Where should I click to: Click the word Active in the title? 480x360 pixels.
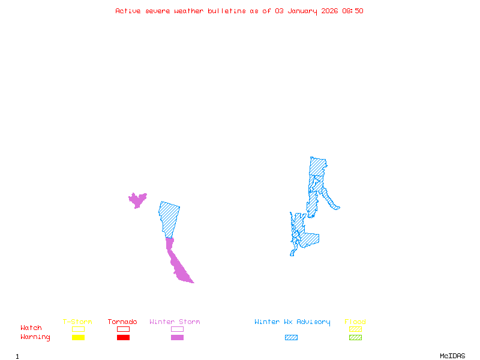[128, 11]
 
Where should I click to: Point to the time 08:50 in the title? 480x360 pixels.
[353, 11]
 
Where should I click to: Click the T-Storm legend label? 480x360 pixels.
[77, 322]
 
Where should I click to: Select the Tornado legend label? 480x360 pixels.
[122, 322]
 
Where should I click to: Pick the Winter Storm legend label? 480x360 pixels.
[175, 322]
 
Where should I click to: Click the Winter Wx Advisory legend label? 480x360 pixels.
[292, 322]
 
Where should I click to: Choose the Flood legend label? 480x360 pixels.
[355, 322]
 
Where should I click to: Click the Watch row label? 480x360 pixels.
[31, 328]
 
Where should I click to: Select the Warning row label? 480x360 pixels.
[35, 337]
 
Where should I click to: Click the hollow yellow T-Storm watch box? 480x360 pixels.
[78, 329]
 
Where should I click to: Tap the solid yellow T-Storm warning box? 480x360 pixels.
[78, 338]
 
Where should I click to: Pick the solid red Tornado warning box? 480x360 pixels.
[123, 338]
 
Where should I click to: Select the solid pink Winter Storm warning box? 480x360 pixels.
[177, 338]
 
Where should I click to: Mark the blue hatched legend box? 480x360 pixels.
[291, 338]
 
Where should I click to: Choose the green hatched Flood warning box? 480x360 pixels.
[355, 338]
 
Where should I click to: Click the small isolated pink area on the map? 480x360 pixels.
[137, 200]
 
